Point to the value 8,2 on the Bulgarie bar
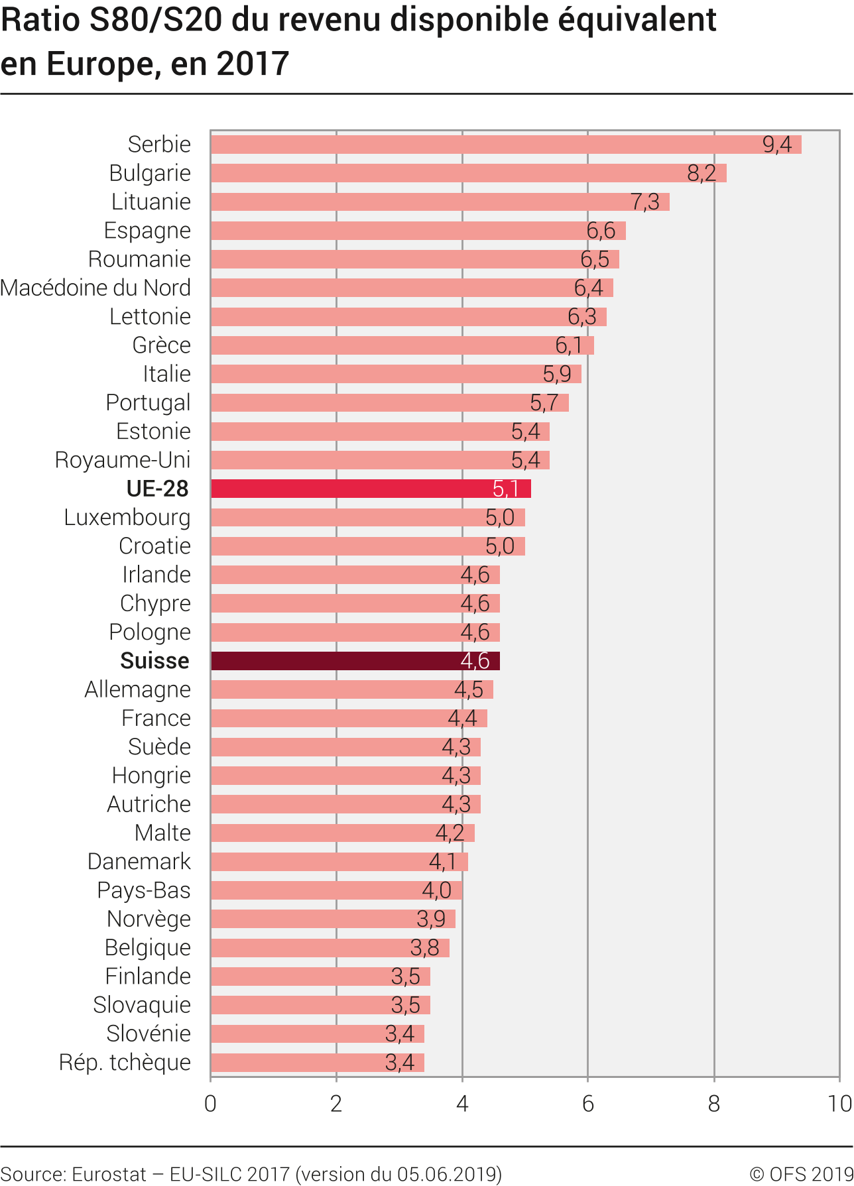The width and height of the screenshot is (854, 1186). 701,173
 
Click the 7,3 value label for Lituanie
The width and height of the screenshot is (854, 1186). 644,202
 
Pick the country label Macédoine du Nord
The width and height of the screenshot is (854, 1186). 95,288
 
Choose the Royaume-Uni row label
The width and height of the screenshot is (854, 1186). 123,460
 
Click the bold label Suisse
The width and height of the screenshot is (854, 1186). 154,661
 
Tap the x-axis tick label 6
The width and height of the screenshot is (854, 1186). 587,1104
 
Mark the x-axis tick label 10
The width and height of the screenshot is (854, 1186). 839,1104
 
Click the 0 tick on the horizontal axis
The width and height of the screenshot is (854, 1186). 211,1104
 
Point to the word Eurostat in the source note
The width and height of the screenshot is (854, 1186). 109,1174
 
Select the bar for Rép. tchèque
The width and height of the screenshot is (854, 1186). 318,1063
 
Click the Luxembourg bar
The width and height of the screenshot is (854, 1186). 368,518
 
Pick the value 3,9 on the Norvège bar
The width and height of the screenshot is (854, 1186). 430,919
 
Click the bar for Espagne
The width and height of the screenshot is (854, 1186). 418,231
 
